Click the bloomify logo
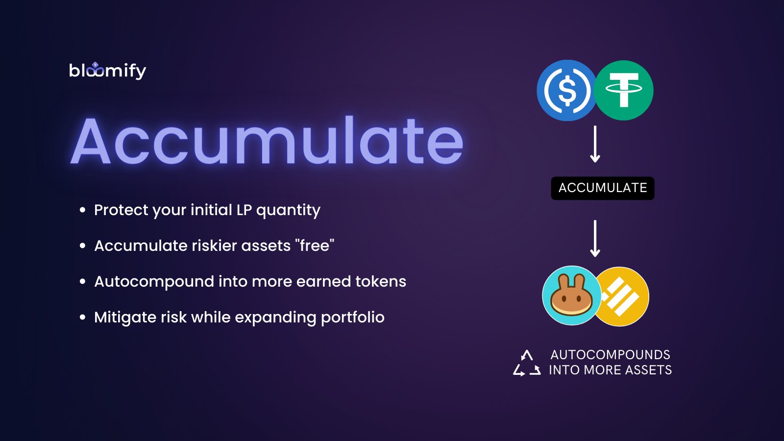pyautogui.click(x=107, y=71)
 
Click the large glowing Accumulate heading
pyautogui.click(x=267, y=141)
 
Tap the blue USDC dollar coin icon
pyautogui.click(x=567, y=91)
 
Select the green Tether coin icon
pyautogui.click(x=624, y=90)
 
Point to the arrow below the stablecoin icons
pyautogui.click(x=595, y=144)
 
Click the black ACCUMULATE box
pyautogui.click(x=603, y=188)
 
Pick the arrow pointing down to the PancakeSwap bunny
pyautogui.click(x=595, y=238)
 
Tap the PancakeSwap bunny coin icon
pyautogui.click(x=571, y=295)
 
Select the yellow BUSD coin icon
pyautogui.click(x=624, y=296)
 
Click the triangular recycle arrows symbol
pyautogui.click(x=527, y=363)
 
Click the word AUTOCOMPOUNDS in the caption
pyautogui.click(x=610, y=355)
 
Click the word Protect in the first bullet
pyautogui.click(x=121, y=210)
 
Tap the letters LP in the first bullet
pyautogui.click(x=244, y=210)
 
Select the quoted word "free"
pyautogui.click(x=314, y=245)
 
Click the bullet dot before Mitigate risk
pyautogui.click(x=82, y=318)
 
